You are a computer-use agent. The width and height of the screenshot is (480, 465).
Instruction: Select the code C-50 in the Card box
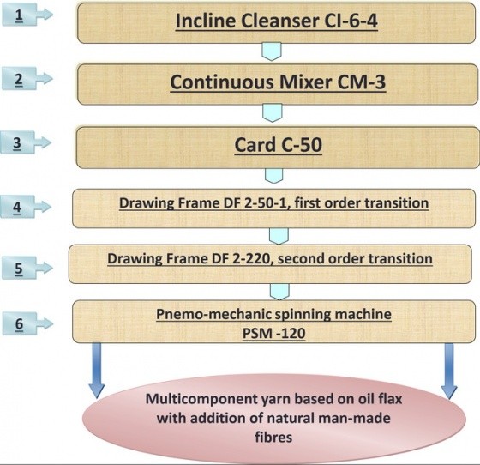point(301,145)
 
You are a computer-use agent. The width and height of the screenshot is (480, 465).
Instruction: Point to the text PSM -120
point(274,333)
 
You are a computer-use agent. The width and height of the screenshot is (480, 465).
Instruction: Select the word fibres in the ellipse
point(273,437)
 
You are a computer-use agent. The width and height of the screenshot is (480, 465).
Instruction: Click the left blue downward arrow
point(96,371)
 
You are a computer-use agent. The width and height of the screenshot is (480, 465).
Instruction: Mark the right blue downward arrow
point(449,371)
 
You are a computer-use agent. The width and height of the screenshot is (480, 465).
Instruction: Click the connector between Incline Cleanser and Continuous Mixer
point(272,51)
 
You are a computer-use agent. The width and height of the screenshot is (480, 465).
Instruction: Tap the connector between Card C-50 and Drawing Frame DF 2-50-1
point(273,176)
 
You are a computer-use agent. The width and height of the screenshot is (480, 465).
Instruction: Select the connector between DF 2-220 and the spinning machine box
point(279,292)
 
